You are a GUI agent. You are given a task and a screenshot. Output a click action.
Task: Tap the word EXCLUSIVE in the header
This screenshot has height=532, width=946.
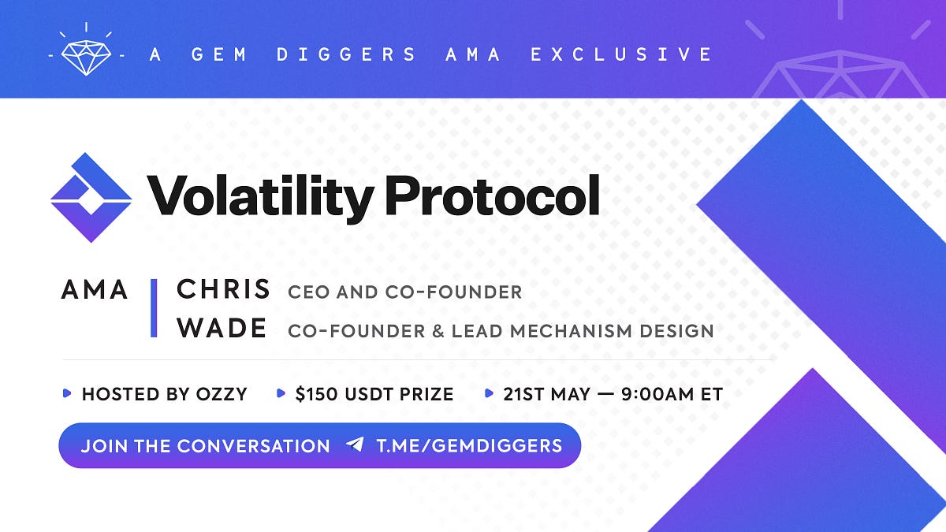(621, 54)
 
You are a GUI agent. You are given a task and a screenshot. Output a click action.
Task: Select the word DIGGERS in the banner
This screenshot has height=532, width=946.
(346, 54)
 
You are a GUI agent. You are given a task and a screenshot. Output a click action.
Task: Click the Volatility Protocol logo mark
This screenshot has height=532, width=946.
(91, 198)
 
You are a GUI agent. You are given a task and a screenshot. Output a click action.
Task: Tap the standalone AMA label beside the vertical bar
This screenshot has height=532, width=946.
(95, 290)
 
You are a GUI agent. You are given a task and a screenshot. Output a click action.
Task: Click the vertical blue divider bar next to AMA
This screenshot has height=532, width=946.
(154, 308)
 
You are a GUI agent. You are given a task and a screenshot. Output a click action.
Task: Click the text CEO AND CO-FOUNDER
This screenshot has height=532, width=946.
(404, 292)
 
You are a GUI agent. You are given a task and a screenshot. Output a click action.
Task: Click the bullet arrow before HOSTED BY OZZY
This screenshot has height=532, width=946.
(66, 393)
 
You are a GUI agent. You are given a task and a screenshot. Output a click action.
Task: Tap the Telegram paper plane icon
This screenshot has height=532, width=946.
(356, 445)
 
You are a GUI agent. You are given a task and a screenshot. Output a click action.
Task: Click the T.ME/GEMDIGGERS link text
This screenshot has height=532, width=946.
(469, 446)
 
